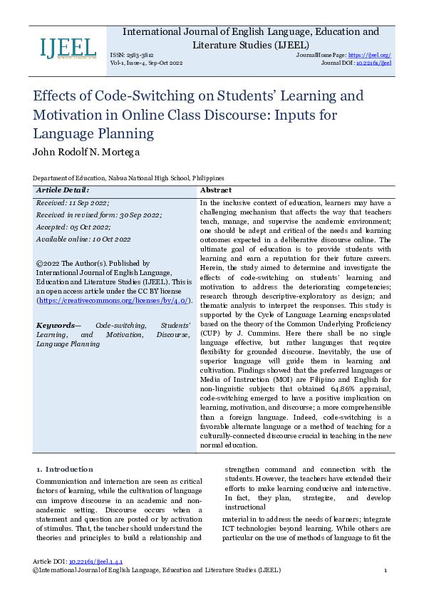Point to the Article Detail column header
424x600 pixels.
click(63, 190)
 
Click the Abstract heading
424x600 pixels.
click(216, 190)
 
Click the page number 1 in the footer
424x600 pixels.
click(385, 571)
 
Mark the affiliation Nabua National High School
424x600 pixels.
click(150, 178)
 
